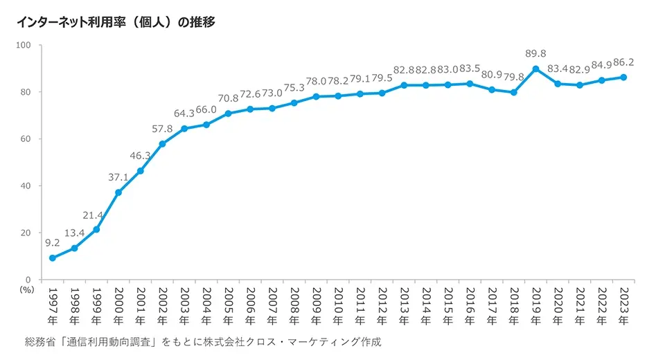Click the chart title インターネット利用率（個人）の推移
(x=116, y=22)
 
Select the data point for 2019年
(x=535, y=69)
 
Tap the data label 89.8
(x=535, y=53)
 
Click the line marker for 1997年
(x=52, y=258)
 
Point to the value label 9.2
(x=53, y=242)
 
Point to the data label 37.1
(x=118, y=177)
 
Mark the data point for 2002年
(x=162, y=144)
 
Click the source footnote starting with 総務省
(x=202, y=342)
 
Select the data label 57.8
(x=162, y=129)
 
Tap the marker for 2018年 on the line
(x=513, y=92)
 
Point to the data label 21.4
(x=96, y=214)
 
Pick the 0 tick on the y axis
(x=31, y=280)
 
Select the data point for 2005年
(x=228, y=114)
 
